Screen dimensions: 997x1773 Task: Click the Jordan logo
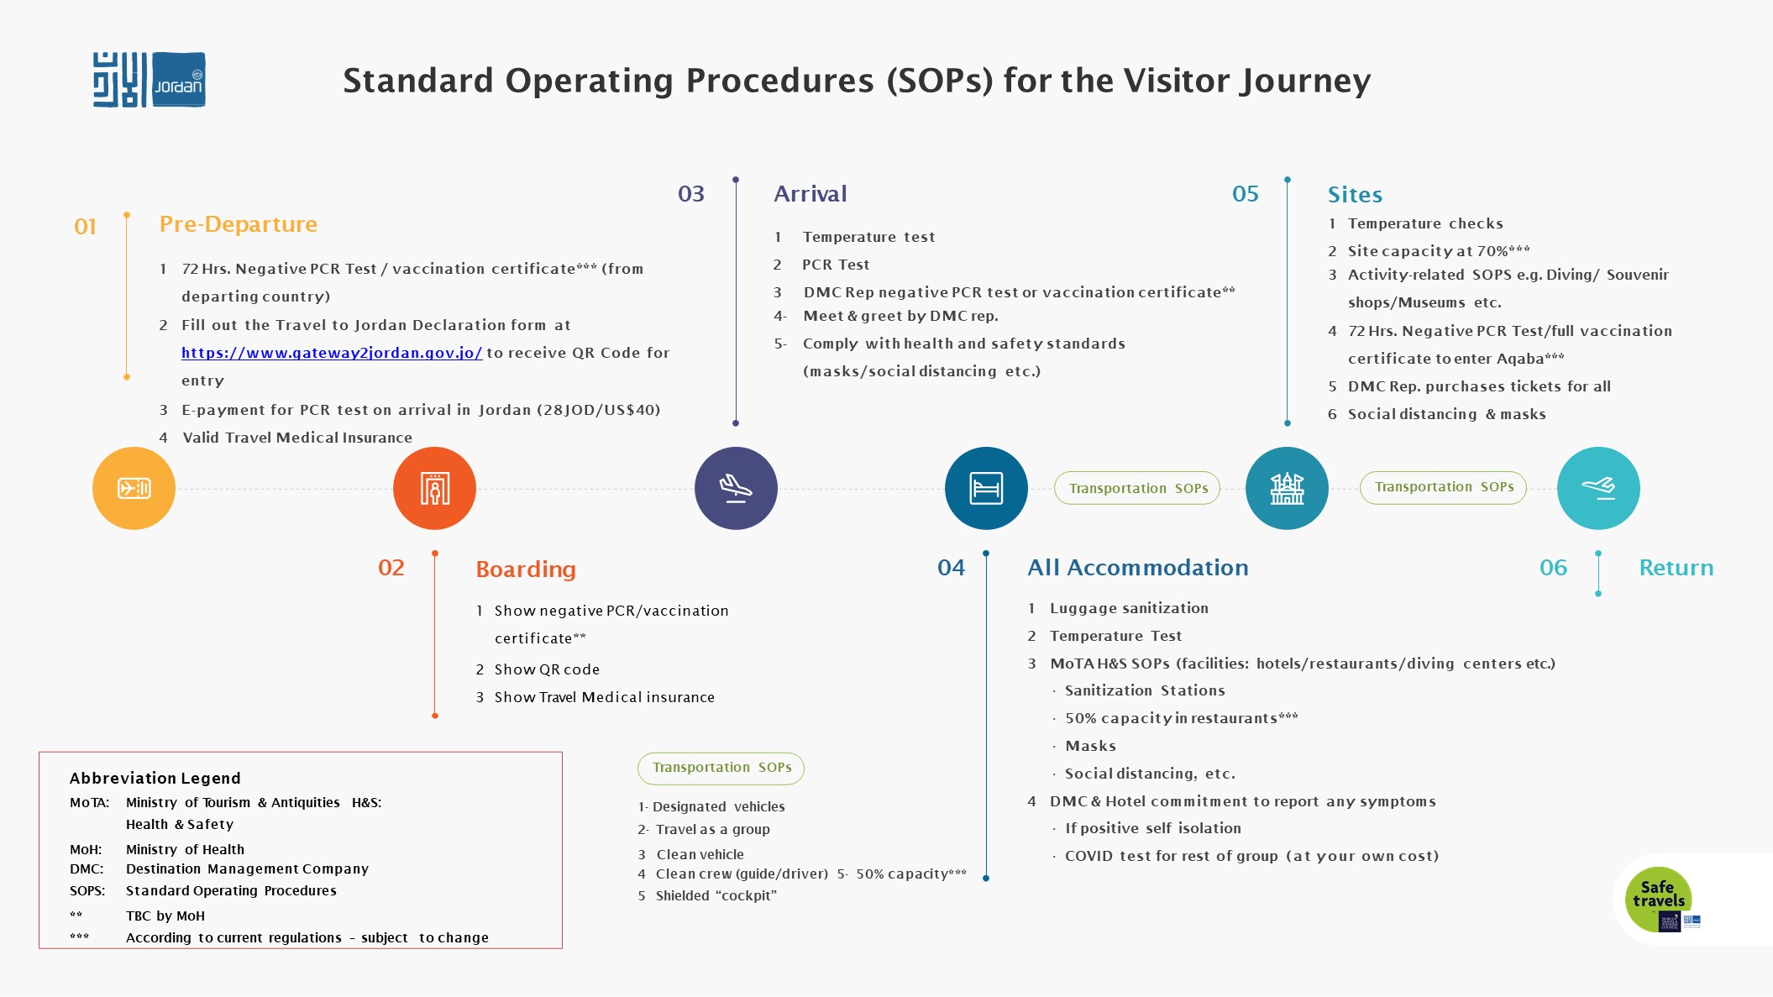click(149, 80)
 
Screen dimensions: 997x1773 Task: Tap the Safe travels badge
click(1658, 900)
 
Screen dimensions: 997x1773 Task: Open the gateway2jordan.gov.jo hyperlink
click(332, 353)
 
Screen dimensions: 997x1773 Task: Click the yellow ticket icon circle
click(134, 488)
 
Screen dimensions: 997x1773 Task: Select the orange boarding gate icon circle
click(434, 488)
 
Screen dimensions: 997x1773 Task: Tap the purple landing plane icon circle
click(736, 488)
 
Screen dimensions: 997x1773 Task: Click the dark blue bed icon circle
click(986, 488)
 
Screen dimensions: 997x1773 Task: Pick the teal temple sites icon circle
click(1287, 488)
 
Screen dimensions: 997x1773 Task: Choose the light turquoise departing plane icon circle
click(1598, 488)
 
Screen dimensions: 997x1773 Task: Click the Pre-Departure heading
click(239, 224)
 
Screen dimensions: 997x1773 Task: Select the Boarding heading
click(526, 569)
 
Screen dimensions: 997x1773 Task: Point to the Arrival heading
click(810, 194)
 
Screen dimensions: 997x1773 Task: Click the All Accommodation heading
click(1138, 568)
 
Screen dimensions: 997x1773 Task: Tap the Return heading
click(1676, 568)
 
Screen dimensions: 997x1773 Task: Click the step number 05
click(1246, 194)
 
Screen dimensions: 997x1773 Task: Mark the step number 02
click(391, 568)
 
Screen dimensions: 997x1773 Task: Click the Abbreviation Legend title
click(155, 778)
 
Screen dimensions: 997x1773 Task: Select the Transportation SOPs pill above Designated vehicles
click(721, 768)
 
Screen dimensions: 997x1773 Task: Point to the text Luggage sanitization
click(1129, 608)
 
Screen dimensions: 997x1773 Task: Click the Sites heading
click(1355, 195)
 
